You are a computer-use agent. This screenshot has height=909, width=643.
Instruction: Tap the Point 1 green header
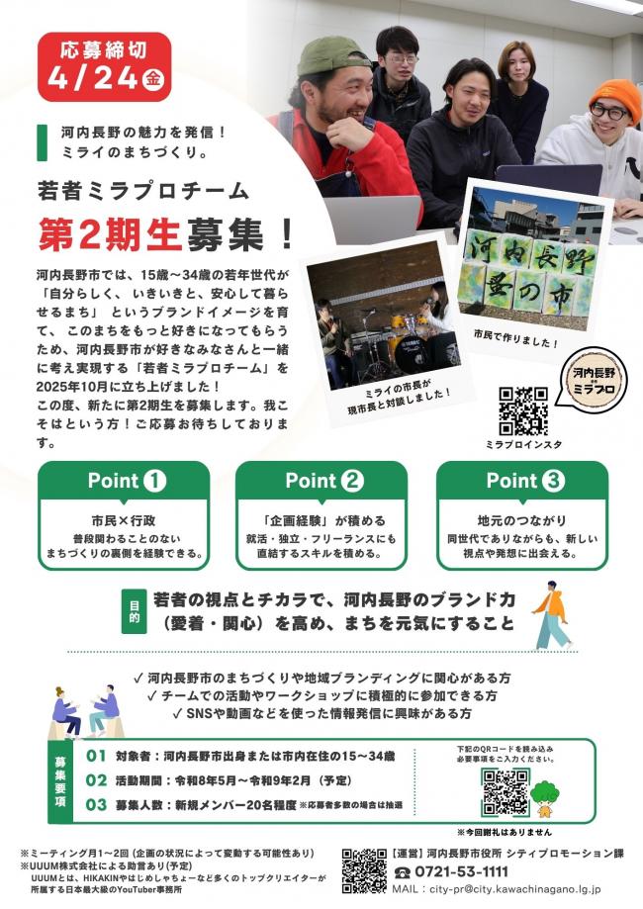[x=124, y=481]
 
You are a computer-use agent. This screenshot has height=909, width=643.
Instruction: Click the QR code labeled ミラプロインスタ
[x=523, y=410]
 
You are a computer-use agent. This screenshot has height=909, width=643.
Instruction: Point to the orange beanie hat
[x=614, y=98]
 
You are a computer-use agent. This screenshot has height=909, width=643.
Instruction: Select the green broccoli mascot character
[x=544, y=792]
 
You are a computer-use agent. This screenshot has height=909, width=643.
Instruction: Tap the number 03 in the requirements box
[x=96, y=804]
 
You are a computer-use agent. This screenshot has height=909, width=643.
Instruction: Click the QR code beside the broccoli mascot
[x=505, y=791]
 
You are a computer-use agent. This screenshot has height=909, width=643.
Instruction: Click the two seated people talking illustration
[x=85, y=709]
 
